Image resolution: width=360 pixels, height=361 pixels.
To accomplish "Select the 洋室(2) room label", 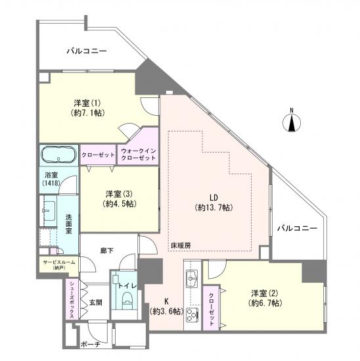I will (x=264, y=297).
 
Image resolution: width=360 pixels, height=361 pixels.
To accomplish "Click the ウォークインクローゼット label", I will (x=138, y=155).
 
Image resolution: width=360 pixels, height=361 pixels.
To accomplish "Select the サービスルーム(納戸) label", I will (x=58, y=265).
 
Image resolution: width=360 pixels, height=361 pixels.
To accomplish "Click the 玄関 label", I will (x=95, y=302).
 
